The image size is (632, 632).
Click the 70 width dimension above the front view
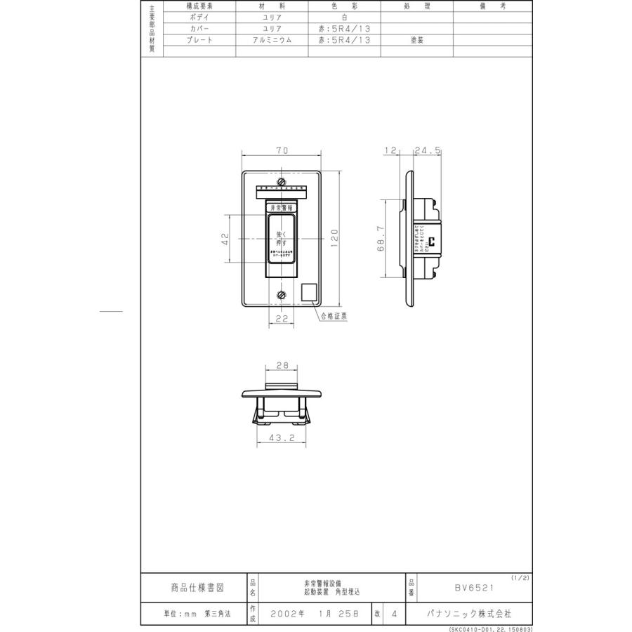point(280,150)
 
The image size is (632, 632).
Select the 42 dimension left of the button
point(225,239)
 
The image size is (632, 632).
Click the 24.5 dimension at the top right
point(428,150)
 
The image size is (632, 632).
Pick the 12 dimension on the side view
point(391,150)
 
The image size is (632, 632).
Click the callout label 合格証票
point(334,317)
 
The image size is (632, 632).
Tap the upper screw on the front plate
point(281,182)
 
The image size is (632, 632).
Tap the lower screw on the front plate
point(281,295)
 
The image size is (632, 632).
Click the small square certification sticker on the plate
point(309,292)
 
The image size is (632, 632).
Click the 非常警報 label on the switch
point(281,208)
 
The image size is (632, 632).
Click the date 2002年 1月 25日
point(315,613)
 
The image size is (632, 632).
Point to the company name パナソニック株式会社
point(469,613)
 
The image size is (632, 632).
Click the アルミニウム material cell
point(270,40)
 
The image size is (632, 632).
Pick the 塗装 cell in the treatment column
point(416,40)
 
